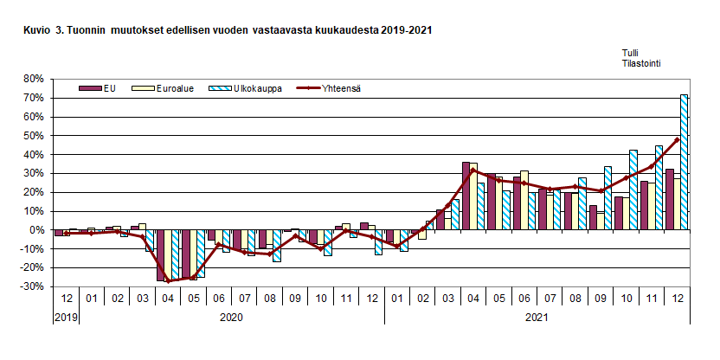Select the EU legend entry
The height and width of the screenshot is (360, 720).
[x=96, y=87]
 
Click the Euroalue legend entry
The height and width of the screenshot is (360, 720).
[x=170, y=87]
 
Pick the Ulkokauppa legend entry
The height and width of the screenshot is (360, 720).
[x=251, y=87]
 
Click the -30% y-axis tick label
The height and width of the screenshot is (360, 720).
[x=32, y=287]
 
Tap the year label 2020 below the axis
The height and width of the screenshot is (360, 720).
[x=230, y=318]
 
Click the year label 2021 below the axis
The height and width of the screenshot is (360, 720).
[x=537, y=318]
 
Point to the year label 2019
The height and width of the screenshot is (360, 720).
[x=65, y=318]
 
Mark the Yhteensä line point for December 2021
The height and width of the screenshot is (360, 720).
[x=677, y=139]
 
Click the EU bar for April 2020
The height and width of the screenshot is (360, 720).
[x=162, y=255]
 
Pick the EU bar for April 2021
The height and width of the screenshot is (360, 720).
[x=466, y=196]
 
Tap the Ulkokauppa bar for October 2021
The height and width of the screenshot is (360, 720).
[x=633, y=190]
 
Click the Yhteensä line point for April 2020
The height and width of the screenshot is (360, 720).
[x=168, y=280]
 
